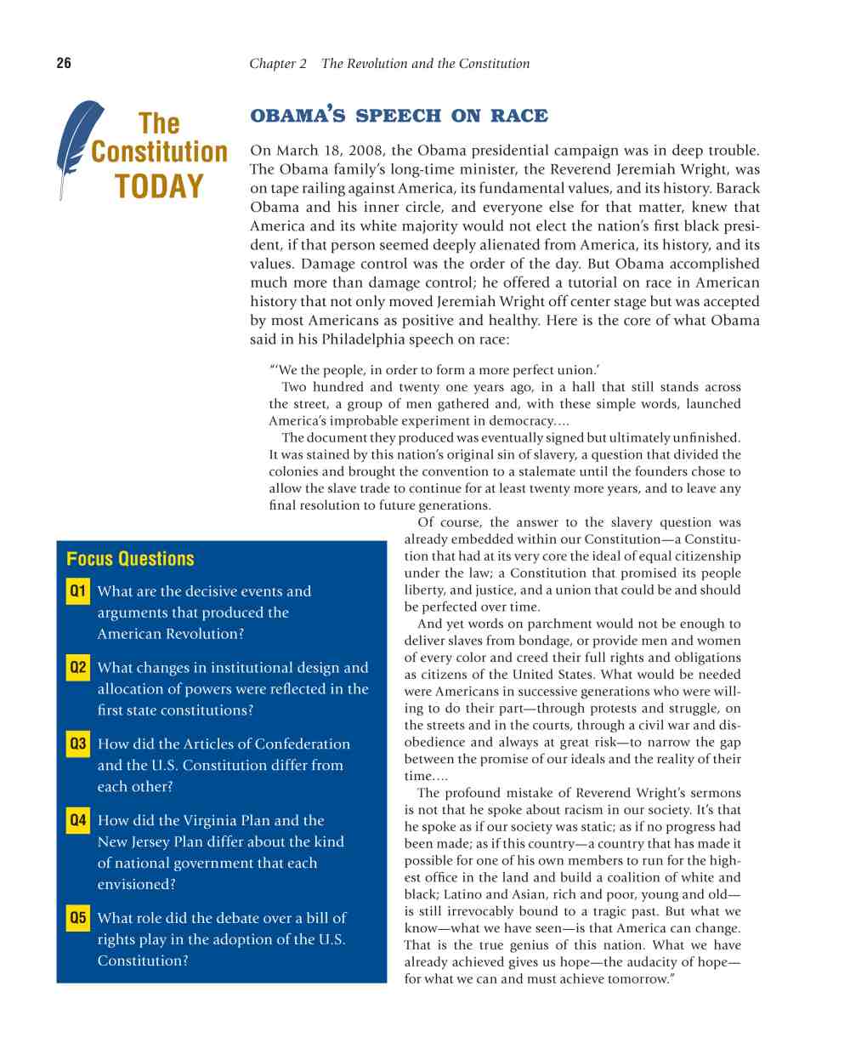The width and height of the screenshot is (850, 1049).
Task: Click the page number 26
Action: click(64, 63)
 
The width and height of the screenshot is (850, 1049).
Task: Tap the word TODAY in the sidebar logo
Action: click(159, 186)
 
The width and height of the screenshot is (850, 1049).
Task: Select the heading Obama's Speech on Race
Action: click(399, 115)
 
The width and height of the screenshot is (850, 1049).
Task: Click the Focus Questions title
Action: click(130, 559)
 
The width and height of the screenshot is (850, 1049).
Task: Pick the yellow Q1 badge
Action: click(77, 590)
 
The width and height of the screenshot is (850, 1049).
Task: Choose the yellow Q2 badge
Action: click(77, 667)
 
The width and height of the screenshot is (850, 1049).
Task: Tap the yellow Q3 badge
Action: click(77, 744)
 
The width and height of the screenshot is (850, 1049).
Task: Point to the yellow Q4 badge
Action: click(77, 820)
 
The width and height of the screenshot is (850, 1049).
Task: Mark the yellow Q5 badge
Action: click(77, 917)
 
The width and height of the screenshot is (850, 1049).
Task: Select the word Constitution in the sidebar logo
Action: click(159, 152)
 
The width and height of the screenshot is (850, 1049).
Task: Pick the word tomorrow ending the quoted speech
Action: click(638, 979)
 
